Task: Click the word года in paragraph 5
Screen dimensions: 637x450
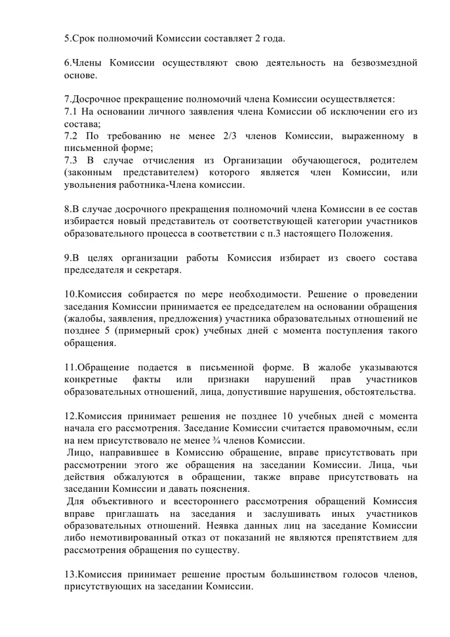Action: pos(272,38)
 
